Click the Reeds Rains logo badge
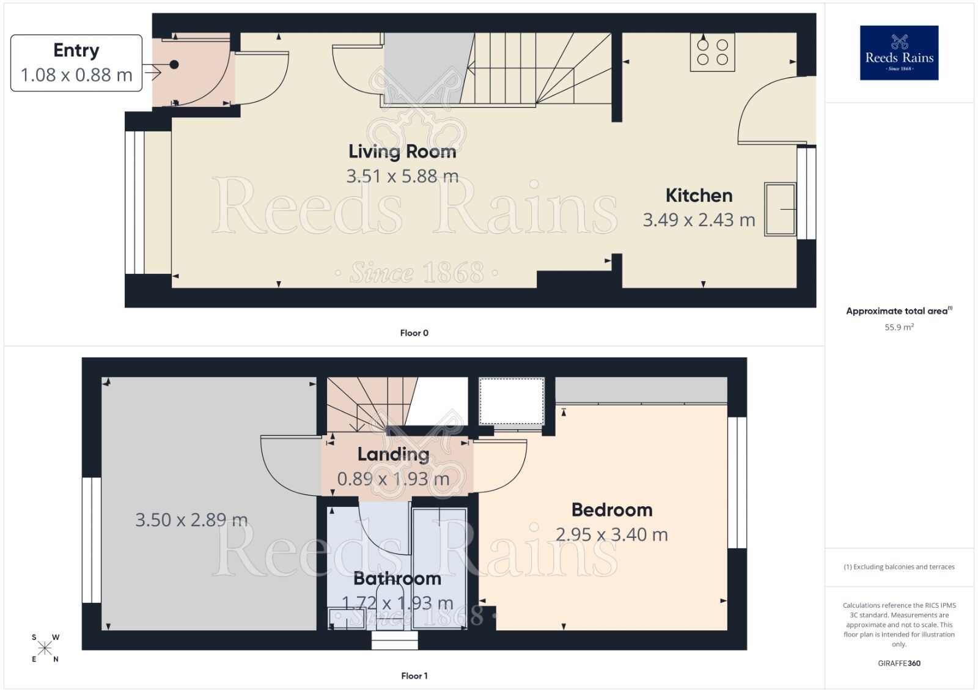899,53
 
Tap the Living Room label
402,151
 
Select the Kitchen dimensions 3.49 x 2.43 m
699,220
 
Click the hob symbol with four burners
712,52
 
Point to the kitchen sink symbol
780,209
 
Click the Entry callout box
76,63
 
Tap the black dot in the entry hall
174,64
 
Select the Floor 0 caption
414,333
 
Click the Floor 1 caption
414,675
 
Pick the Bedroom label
611,510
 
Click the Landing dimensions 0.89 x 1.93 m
393,479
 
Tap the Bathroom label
397,578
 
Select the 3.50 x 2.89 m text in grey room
191,520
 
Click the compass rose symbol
45,648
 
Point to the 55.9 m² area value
899,327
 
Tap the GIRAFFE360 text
899,663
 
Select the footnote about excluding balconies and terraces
899,567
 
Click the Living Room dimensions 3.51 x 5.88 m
402,177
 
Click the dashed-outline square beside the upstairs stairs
512,401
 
